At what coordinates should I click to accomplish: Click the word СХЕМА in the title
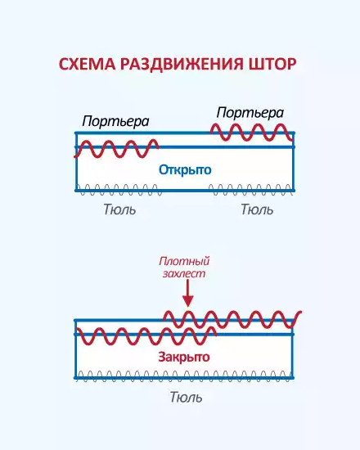(88, 64)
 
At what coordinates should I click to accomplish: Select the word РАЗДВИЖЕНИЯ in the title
(182, 65)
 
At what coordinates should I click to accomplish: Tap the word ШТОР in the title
(272, 64)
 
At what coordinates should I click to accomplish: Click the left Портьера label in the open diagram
(115, 121)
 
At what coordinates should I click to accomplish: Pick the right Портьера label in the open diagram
(250, 113)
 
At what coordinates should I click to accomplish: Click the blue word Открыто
(185, 170)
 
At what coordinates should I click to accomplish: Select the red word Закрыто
(184, 358)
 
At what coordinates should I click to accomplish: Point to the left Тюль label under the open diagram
(119, 209)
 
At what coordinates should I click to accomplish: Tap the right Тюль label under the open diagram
(257, 209)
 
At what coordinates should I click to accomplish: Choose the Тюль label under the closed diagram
(186, 397)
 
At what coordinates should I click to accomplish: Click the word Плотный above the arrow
(184, 262)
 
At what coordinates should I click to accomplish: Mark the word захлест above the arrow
(184, 274)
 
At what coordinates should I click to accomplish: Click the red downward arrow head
(187, 301)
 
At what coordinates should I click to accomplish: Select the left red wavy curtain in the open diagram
(116, 149)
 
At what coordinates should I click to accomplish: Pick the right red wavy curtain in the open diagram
(253, 133)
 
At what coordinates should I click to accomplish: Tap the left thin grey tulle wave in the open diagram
(119, 190)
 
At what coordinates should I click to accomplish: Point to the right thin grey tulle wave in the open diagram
(251, 190)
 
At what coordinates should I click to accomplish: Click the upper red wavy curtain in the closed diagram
(232, 319)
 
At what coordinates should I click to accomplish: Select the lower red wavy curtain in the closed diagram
(146, 335)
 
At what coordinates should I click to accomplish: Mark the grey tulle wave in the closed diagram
(185, 377)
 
